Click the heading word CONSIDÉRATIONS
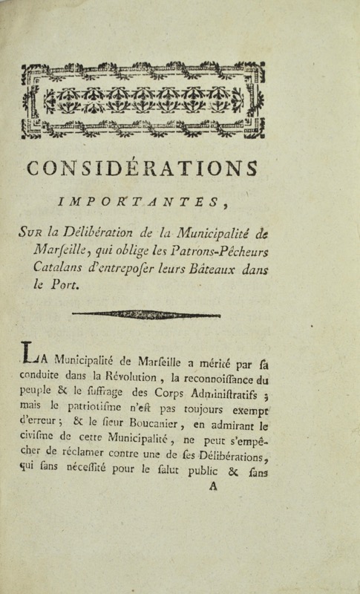[143, 169]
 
